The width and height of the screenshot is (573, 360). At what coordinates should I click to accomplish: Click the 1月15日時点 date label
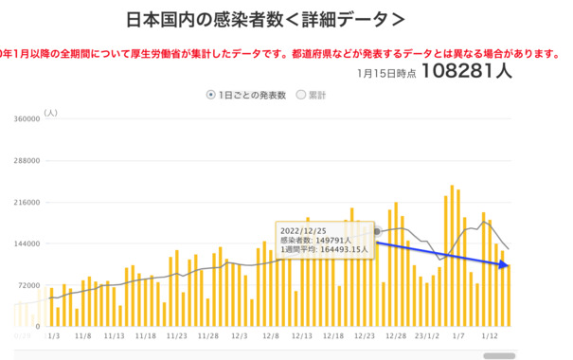pyautogui.click(x=386, y=73)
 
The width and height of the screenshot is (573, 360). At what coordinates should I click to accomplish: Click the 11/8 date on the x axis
pyautogui.click(x=82, y=335)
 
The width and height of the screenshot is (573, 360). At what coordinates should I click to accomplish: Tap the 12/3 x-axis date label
pyautogui.click(x=240, y=335)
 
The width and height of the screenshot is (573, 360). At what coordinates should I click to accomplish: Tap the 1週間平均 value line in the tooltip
pyautogui.click(x=323, y=250)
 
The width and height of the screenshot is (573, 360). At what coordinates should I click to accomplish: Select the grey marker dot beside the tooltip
pyautogui.click(x=377, y=231)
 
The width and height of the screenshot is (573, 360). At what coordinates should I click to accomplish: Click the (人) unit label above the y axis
pyautogui.click(x=51, y=113)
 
